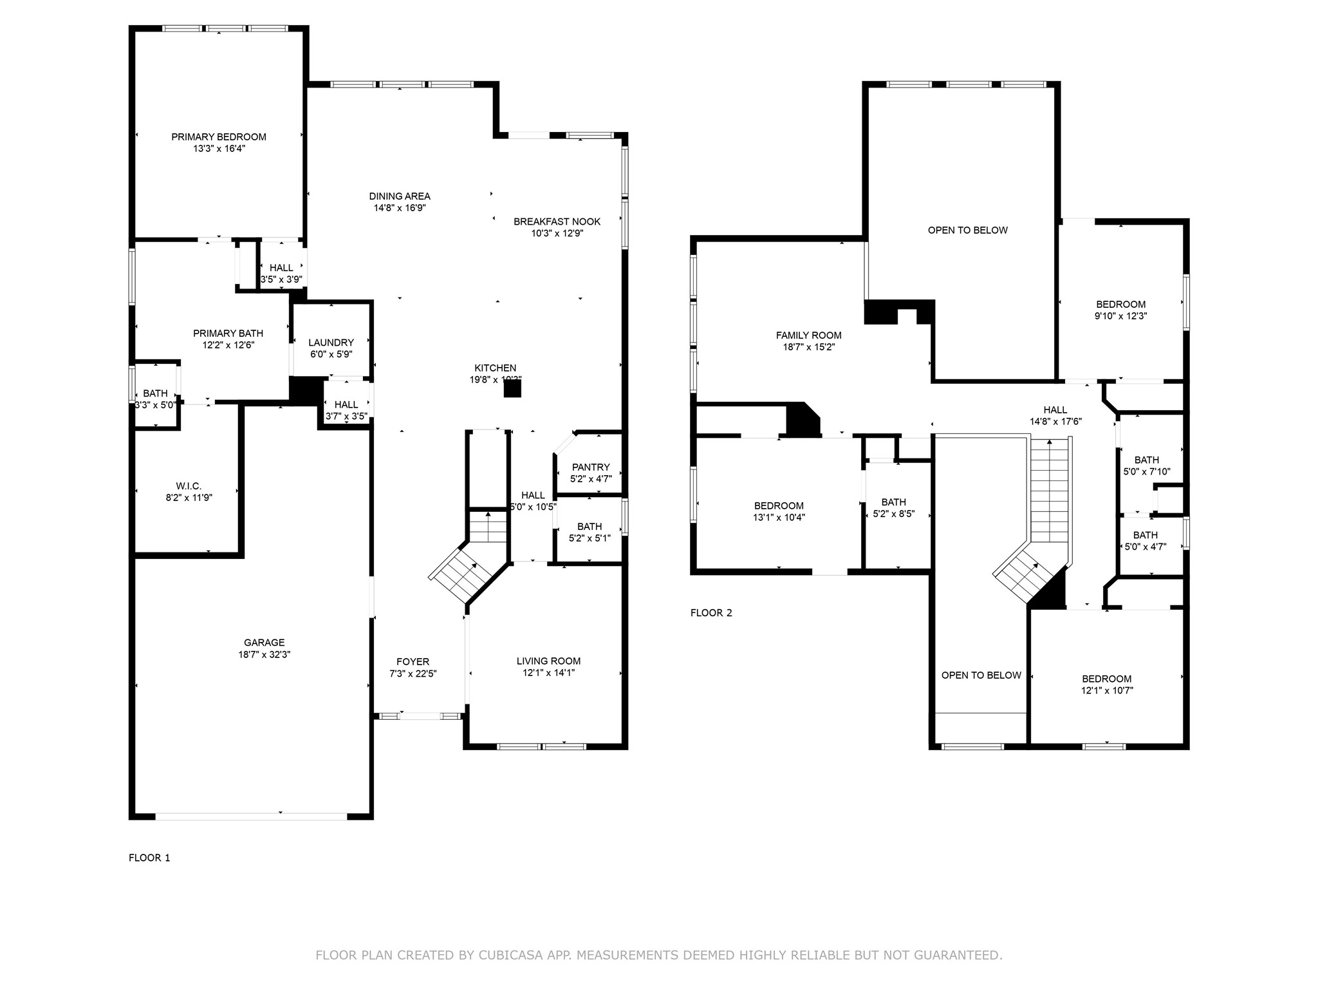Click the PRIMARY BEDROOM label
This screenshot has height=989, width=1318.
[218, 137]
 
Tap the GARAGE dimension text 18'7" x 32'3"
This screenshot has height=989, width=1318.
[264, 654]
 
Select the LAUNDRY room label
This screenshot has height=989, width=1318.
[331, 343]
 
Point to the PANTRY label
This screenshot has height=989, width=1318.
[590, 467]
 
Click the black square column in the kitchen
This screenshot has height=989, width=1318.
[512, 388]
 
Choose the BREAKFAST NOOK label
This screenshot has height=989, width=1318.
[557, 221]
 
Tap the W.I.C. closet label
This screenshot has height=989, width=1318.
[189, 485]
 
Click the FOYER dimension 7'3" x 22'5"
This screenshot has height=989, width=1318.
[413, 673]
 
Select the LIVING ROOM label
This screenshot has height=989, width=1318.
[548, 661]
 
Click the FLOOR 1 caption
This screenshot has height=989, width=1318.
[149, 858]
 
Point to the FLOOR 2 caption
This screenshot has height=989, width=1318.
[711, 612]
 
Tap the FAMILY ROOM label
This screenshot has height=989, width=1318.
[808, 335]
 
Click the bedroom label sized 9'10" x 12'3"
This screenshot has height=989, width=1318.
[1120, 305]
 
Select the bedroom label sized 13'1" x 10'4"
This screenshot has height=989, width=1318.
[779, 505]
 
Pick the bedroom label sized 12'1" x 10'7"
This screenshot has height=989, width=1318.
[1106, 679]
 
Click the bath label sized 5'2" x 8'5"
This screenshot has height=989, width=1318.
[893, 502]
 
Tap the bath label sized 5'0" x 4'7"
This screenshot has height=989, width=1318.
[1145, 535]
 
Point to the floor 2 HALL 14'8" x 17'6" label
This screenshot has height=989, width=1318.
[1055, 410]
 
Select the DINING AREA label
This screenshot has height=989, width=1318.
[400, 196]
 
